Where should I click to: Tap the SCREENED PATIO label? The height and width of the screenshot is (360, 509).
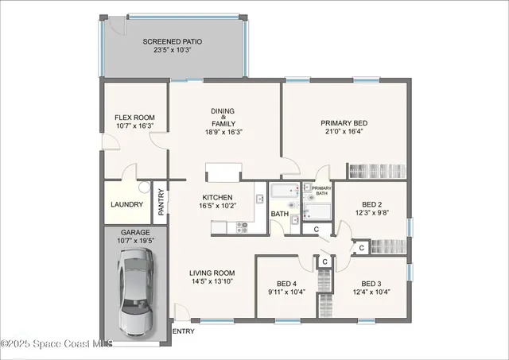click(173, 41)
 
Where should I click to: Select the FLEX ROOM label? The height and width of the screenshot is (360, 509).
click(134, 118)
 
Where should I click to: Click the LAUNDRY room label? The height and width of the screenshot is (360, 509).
click(127, 204)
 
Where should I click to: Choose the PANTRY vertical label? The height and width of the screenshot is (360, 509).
click(161, 202)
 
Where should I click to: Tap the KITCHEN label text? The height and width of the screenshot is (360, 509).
click(217, 198)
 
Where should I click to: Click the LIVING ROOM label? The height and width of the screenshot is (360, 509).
click(212, 273)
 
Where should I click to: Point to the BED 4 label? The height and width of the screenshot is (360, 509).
click(286, 284)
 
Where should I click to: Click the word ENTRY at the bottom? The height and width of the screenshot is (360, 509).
click(183, 331)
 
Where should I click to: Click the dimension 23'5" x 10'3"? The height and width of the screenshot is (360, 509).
click(173, 50)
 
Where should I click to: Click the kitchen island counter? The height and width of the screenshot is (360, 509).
click(223, 172)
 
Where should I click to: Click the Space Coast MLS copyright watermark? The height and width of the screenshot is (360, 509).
click(56, 344)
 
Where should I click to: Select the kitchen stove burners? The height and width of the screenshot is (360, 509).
click(241, 227)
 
